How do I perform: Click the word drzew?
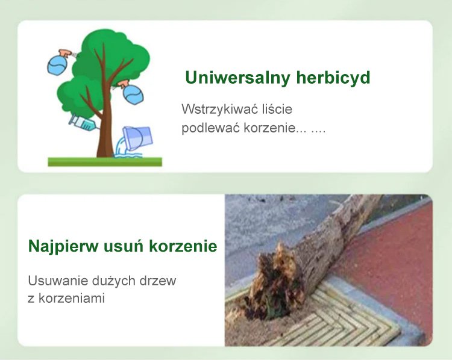158,281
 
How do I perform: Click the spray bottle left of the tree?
59,63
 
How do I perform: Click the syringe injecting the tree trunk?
83,123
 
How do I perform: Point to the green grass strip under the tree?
105,161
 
